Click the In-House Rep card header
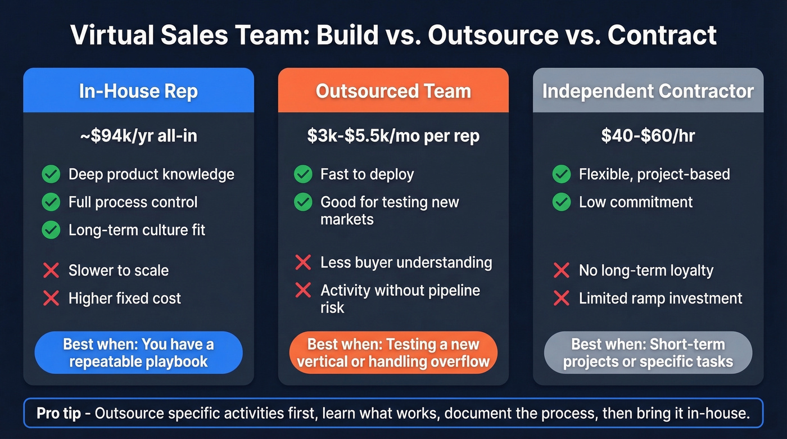coord(138,91)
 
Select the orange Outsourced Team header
coord(393,91)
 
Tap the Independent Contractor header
coord(648,91)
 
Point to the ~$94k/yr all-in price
coord(138,136)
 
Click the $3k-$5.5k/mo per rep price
coord(393,136)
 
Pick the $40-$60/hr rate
coord(648,136)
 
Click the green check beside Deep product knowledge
coord(51,174)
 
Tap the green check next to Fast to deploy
coord(303,174)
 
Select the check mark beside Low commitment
coord(562,202)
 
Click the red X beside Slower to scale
coord(51,270)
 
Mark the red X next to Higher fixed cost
coord(51,298)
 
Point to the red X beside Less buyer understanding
coord(303,262)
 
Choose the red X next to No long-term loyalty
coord(562,270)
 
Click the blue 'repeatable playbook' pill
coord(138,352)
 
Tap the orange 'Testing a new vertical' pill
coord(393,352)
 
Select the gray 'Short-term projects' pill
coord(648,352)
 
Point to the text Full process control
coord(133,202)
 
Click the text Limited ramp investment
coord(661,298)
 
